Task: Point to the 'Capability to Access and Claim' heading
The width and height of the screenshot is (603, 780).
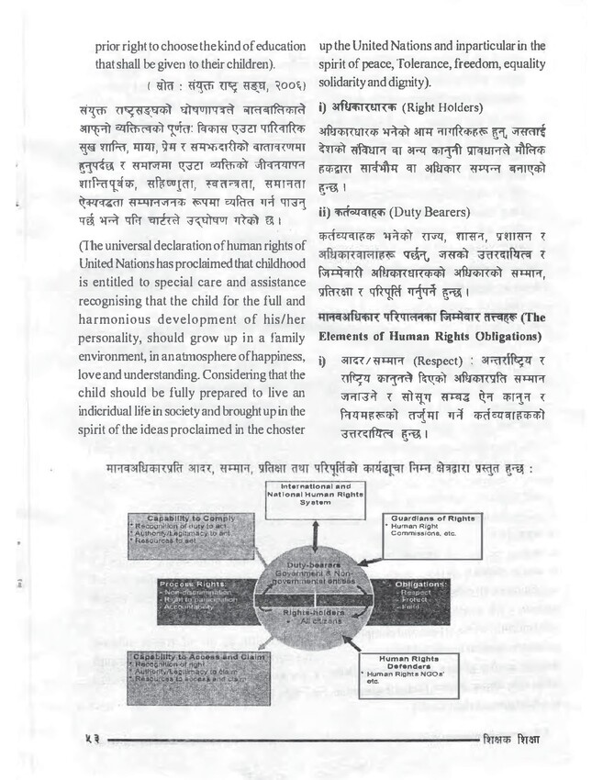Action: click(190, 657)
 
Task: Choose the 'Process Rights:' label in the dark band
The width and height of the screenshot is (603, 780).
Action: click(185, 584)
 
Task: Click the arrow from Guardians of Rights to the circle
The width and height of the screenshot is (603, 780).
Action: click(364, 548)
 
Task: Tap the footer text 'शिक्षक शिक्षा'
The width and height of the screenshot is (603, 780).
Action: click(510, 739)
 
